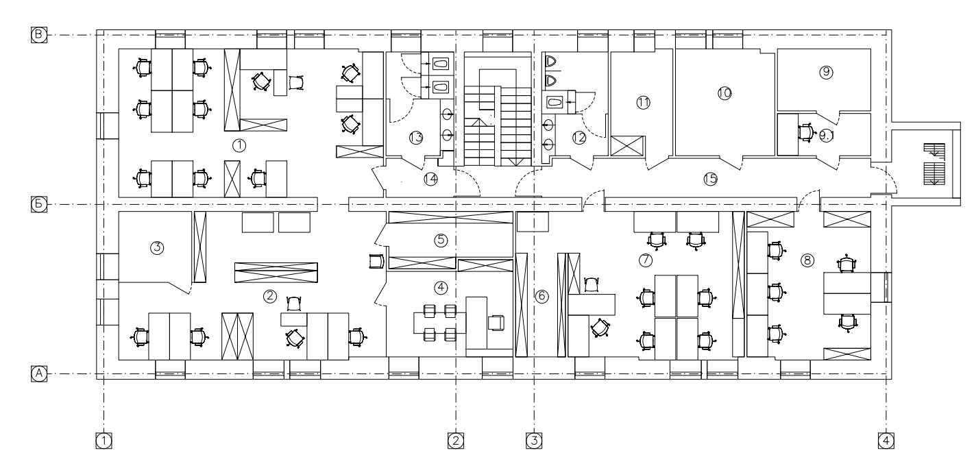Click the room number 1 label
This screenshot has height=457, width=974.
pos(239,145)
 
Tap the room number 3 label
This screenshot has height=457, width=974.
pos(157,248)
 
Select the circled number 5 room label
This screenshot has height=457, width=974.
pos(441,240)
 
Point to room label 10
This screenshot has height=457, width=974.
pos(725,93)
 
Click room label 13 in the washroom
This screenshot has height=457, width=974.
pos(416,138)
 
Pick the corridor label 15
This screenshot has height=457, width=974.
pos(711,179)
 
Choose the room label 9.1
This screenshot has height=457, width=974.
pos(827,136)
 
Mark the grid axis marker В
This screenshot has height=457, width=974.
pos(38,35)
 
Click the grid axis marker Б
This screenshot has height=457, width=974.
pos(38,204)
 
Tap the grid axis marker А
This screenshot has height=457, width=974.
pos(38,374)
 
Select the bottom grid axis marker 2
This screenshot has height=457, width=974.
pos(456,441)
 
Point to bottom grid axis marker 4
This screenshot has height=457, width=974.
pos(886,441)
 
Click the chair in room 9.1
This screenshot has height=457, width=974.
pos(805,132)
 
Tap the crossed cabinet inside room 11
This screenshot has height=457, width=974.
pos(627,146)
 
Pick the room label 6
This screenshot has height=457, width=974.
pos(541,296)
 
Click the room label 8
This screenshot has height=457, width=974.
pos(807,260)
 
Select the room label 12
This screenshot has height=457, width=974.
pos(579,138)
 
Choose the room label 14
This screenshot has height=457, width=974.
pos(430,179)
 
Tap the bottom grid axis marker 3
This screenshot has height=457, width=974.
pos(534,441)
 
